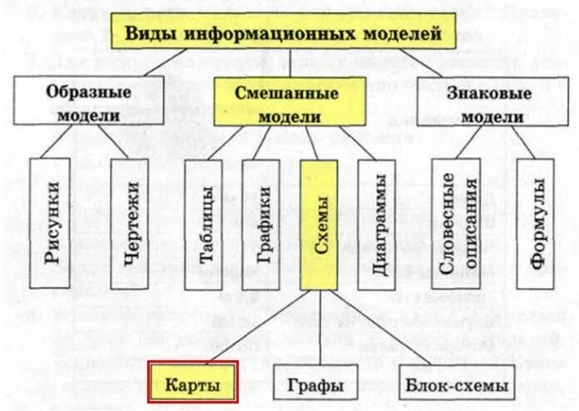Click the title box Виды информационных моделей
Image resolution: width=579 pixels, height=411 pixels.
[283, 34]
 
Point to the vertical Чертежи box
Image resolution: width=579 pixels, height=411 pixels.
[130, 223]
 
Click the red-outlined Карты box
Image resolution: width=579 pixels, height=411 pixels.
[193, 384]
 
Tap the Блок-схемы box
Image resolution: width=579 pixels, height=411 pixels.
[453, 385]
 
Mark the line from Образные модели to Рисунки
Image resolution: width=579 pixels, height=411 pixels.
[67, 141]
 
